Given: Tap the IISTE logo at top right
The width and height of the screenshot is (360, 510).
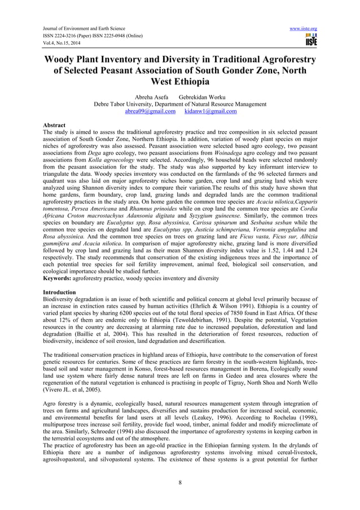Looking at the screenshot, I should pos(310,40).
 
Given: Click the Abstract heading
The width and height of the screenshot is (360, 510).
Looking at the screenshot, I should pos(54,125).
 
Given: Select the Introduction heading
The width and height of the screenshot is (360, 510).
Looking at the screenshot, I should pos(60,292).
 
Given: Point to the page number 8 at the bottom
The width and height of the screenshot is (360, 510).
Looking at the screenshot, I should pos(179,483).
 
